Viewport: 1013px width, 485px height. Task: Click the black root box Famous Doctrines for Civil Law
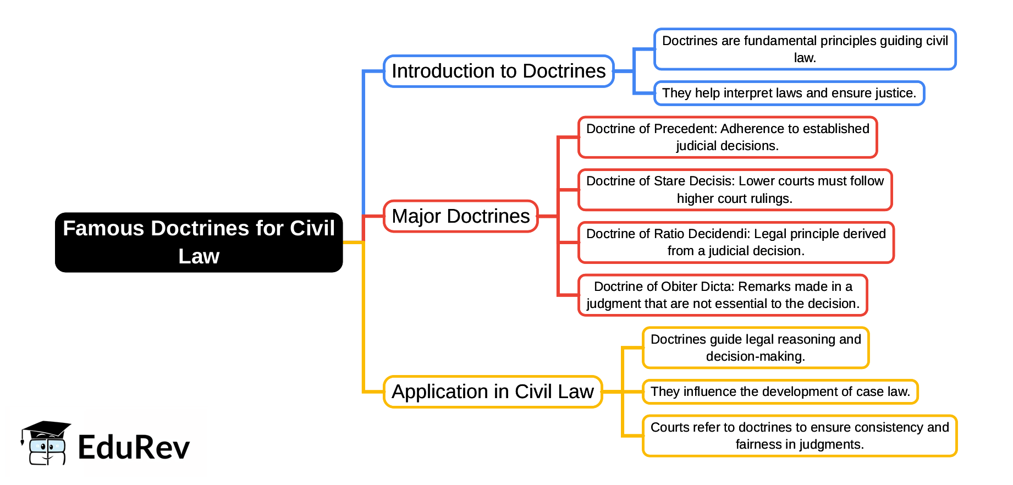199,242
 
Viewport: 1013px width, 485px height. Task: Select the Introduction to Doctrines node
498,71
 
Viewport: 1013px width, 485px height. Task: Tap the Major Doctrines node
460,216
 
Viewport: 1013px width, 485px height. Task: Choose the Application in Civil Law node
492,392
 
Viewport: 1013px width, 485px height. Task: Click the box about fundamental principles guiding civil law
805,49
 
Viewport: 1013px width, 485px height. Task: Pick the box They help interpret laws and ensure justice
789,93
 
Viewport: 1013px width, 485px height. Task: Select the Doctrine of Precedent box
727,137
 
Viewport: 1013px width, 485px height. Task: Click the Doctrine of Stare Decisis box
735,190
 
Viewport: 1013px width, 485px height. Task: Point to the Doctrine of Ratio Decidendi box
736,242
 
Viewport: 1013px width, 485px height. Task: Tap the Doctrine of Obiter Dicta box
723,295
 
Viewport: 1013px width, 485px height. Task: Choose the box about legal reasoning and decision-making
756,348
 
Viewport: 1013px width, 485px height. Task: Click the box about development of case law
780,392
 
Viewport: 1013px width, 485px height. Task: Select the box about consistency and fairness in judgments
800,436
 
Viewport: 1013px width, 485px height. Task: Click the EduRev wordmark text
134,447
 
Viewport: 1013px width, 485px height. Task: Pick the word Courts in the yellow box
669,427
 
